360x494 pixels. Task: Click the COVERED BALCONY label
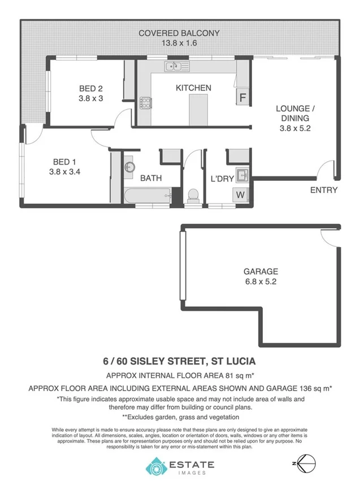(179, 33)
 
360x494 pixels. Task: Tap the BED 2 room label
(90, 89)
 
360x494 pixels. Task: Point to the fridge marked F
(242, 97)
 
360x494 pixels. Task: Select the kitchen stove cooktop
(145, 103)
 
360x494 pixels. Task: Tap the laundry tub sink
(242, 174)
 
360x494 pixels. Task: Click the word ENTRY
(323, 190)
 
